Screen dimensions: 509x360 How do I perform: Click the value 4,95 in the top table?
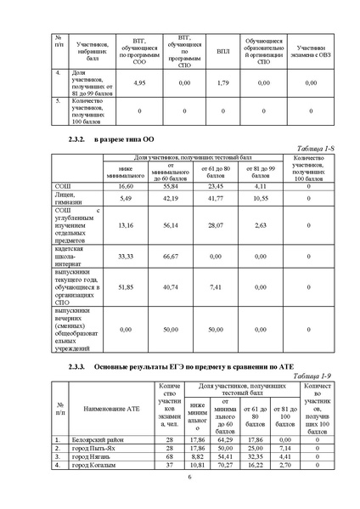pyautogui.click(x=143, y=82)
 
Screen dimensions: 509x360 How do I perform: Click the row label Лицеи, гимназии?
pyautogui.click(x=67, y=198)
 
